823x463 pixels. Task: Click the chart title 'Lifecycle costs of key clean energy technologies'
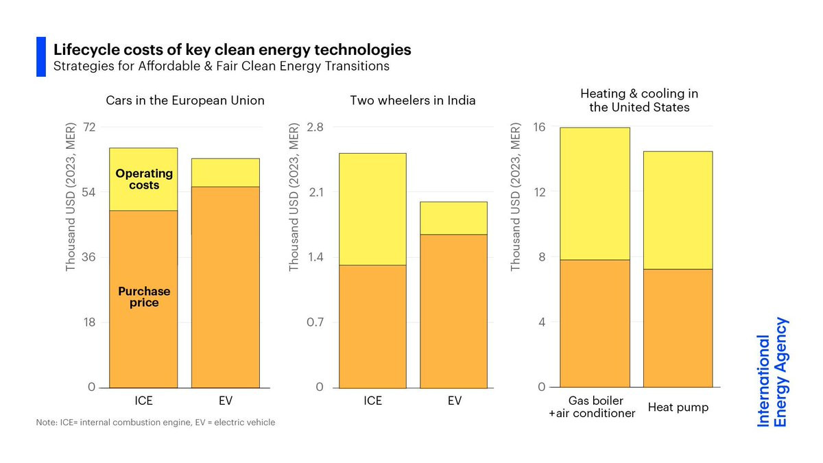232,50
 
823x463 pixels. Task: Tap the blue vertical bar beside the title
41,56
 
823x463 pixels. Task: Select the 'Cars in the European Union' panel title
185,100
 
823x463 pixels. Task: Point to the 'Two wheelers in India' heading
413,100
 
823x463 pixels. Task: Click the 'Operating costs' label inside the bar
144,179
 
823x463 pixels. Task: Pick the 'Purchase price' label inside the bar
144,297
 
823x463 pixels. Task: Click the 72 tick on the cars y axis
89,127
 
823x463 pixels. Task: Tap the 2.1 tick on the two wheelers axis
316,192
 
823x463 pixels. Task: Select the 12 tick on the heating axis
539,192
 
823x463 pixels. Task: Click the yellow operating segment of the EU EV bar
226,173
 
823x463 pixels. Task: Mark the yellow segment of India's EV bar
454,218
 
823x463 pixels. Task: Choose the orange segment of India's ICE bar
372,327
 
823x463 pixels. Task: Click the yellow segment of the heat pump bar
678,210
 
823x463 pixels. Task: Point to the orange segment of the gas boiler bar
595,323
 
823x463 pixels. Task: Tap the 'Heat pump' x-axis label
678,407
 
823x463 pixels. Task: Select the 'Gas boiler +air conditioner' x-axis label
592,407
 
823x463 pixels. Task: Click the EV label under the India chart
455,401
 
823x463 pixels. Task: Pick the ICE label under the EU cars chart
143,401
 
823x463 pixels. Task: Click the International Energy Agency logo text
772,372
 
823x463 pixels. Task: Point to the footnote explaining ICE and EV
156,423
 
